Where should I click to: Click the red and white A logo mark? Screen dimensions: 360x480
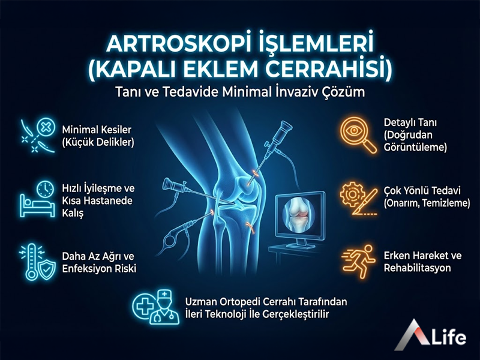[x=413, y=336]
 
